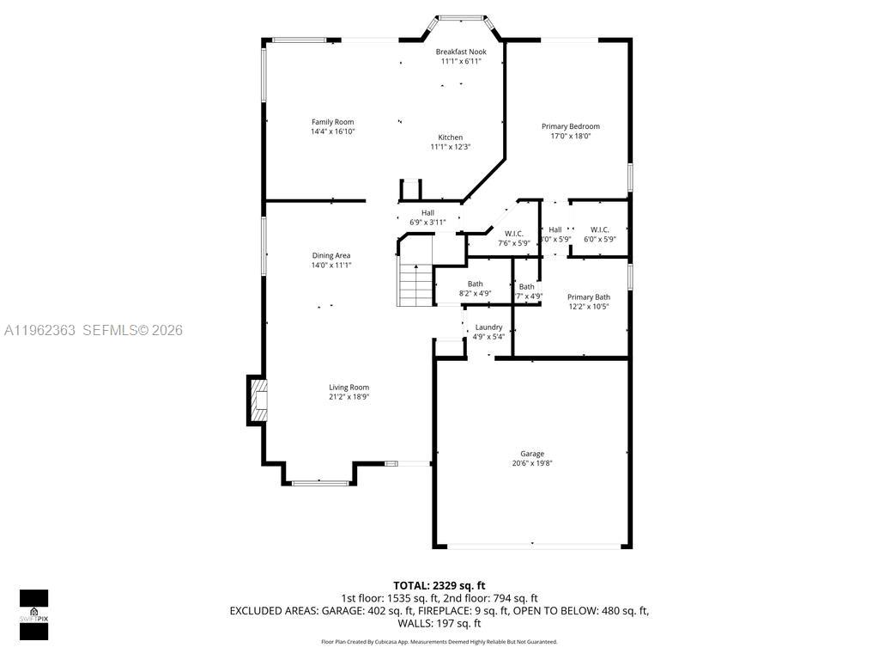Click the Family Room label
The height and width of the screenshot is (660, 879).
[332, 122]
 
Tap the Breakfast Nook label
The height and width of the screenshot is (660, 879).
[461, 52]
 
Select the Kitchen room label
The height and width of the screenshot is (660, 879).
[451, 137]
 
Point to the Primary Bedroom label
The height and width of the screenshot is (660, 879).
[571, 126]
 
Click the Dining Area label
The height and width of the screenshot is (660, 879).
[331, 255]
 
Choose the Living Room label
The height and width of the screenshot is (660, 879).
[349, 388]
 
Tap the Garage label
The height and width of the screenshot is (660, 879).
[532, 454]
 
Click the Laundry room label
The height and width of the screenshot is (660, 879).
[488, 327]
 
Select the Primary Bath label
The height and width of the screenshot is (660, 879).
[589, 297]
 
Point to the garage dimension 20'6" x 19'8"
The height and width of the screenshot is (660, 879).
[532, 463]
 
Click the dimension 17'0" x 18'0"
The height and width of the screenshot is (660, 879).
[571, 136]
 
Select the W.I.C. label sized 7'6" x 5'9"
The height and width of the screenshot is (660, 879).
[514, 234]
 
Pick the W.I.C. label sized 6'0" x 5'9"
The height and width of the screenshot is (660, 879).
[600, 229]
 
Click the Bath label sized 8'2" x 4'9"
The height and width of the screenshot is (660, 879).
[475, 284]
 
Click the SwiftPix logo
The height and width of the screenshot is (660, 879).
[33, 614]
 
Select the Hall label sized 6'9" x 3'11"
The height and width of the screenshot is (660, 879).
[427, 213]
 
